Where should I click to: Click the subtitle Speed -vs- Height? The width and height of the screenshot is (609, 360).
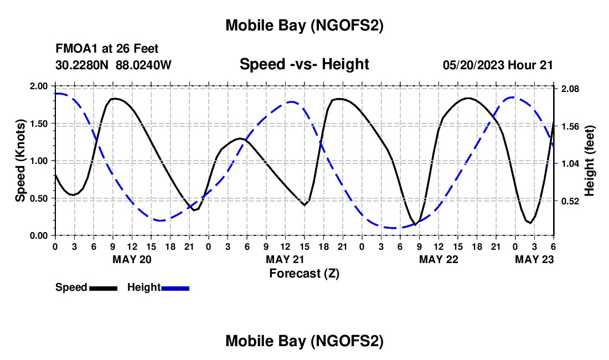[304, 65]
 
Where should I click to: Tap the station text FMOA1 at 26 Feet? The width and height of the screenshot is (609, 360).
[107, 49]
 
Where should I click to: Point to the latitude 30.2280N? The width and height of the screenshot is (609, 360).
[83, 65]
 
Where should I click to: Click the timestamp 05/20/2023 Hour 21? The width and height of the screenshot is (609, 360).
[498, 65]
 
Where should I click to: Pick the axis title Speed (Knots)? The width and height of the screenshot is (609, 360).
[20, 161]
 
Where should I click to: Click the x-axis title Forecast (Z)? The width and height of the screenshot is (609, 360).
[304, 273]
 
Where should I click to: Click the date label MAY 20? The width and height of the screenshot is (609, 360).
[132, 259]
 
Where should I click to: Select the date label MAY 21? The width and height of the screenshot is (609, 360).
[285, 259]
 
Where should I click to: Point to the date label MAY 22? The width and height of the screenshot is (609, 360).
[438, 259]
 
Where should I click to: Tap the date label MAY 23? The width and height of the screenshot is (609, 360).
[534, 259]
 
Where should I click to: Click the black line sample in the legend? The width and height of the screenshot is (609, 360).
[103, 288]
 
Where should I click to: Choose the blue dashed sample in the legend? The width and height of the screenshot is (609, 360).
[175, 288]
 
